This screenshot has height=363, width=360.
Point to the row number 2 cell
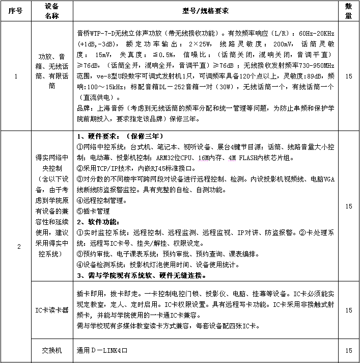tap(19, 247)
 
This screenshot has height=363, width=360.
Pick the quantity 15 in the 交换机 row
tap(349, 351)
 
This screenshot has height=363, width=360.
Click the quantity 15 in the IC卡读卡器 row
tap(349, 310)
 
